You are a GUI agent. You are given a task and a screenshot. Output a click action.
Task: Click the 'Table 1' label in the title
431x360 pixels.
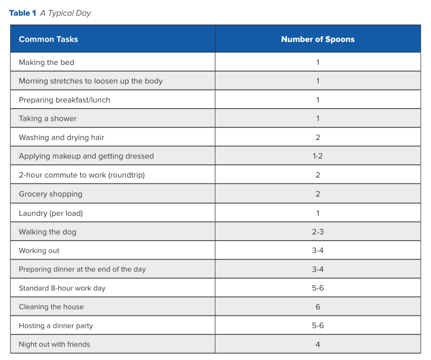click(x=23, y=13)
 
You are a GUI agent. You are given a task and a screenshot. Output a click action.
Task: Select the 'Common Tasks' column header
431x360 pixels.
click(x=48, y=39)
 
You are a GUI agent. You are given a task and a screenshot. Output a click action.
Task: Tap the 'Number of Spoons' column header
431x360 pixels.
click(x=318, y=39)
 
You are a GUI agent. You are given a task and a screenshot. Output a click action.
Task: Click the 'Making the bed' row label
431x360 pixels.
click(x=46, y=62)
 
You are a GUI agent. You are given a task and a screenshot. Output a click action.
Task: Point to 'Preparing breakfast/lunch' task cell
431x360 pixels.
click(x=64, y=100)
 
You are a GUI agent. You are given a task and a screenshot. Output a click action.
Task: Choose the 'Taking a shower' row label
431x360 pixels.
click(x=47, y=118)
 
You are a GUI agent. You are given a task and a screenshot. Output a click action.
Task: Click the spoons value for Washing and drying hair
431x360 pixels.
click(x=318, y=137)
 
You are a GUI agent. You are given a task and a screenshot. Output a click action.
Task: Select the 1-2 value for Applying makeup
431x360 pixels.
click(x=318, y=156)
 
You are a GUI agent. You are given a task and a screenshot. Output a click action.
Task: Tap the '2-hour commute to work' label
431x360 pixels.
click(x=82, y=175)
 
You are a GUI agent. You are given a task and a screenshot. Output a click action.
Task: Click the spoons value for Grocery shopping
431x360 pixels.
click(x=318, y=194)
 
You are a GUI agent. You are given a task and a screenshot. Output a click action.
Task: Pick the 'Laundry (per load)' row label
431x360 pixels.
click(x=51, y=213)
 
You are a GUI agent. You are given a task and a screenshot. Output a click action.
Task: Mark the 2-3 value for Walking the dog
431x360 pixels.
click(x=318, y=232)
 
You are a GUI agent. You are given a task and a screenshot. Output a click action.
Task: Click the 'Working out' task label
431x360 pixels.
click(x=39, y=250)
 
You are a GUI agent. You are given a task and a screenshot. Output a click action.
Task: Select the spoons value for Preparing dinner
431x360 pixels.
click(x=318, y=269)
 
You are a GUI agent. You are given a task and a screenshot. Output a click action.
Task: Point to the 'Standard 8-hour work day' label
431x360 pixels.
click(x=62, y=288)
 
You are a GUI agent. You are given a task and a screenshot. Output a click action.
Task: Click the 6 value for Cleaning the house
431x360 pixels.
click(x=318, y=307)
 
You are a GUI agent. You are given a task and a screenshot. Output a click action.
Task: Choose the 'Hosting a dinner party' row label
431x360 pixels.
click(x=56, y=326)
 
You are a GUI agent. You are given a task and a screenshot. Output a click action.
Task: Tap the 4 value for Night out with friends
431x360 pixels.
click(x=318, y=344)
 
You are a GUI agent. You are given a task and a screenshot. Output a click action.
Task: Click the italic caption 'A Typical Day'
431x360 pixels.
click(x=65, y=13)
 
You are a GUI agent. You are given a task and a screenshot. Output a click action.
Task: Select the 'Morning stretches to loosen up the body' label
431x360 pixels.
click(x=91, y=81)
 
